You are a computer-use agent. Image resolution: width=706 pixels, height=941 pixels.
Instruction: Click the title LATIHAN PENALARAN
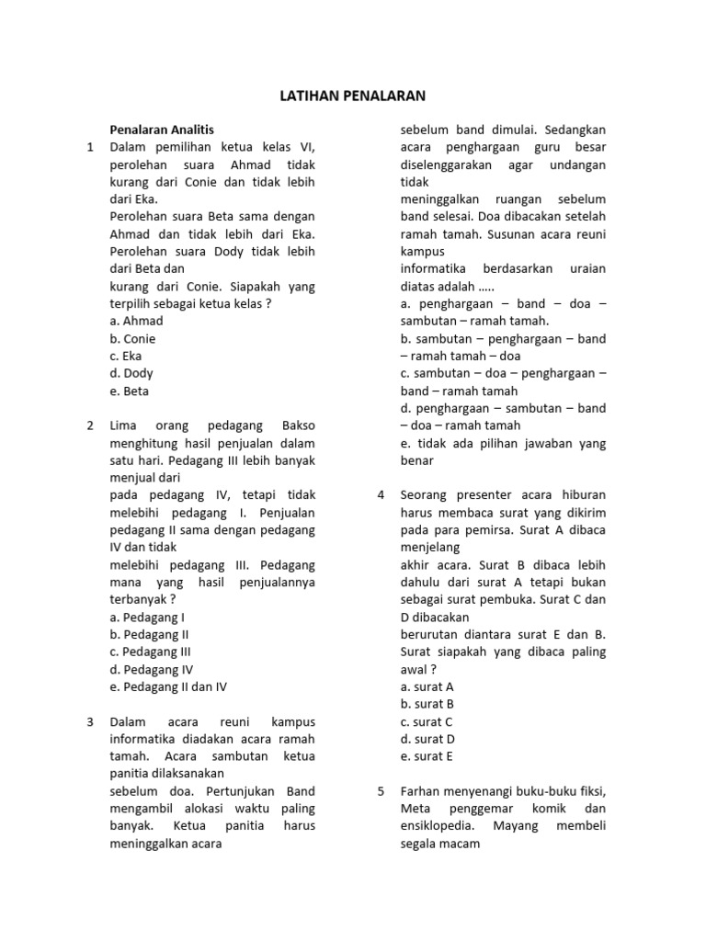click(353, 96)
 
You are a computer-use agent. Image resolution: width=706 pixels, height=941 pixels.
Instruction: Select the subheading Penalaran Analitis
click(162, 130)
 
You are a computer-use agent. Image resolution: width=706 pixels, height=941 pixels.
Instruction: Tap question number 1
click(90, 147)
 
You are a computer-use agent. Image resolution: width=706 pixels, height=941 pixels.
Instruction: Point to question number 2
click(90, 425)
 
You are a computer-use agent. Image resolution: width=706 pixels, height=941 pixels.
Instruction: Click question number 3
click(90, 721)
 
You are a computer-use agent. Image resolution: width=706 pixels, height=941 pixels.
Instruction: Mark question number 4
click(381, 495)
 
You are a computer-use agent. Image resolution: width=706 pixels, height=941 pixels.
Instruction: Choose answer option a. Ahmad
click(136, 321)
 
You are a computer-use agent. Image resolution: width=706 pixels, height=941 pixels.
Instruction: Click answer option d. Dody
click(131, 373)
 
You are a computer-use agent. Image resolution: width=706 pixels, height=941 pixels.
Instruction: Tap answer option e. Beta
click(129, 391)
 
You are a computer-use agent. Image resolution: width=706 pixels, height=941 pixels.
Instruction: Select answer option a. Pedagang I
click(147, 617)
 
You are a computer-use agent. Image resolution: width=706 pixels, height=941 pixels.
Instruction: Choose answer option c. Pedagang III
click(150, 652)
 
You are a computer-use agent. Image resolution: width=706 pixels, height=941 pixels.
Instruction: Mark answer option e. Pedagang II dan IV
click(168, 686)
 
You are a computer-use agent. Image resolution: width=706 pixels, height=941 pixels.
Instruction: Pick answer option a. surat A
click(427, 686)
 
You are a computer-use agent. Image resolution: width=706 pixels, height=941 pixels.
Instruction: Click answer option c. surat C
click(427, 721)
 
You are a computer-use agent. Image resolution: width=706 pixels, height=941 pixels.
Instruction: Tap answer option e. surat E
click(427, 756)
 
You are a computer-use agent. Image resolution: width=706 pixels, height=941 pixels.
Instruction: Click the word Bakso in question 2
click(297, 425)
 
